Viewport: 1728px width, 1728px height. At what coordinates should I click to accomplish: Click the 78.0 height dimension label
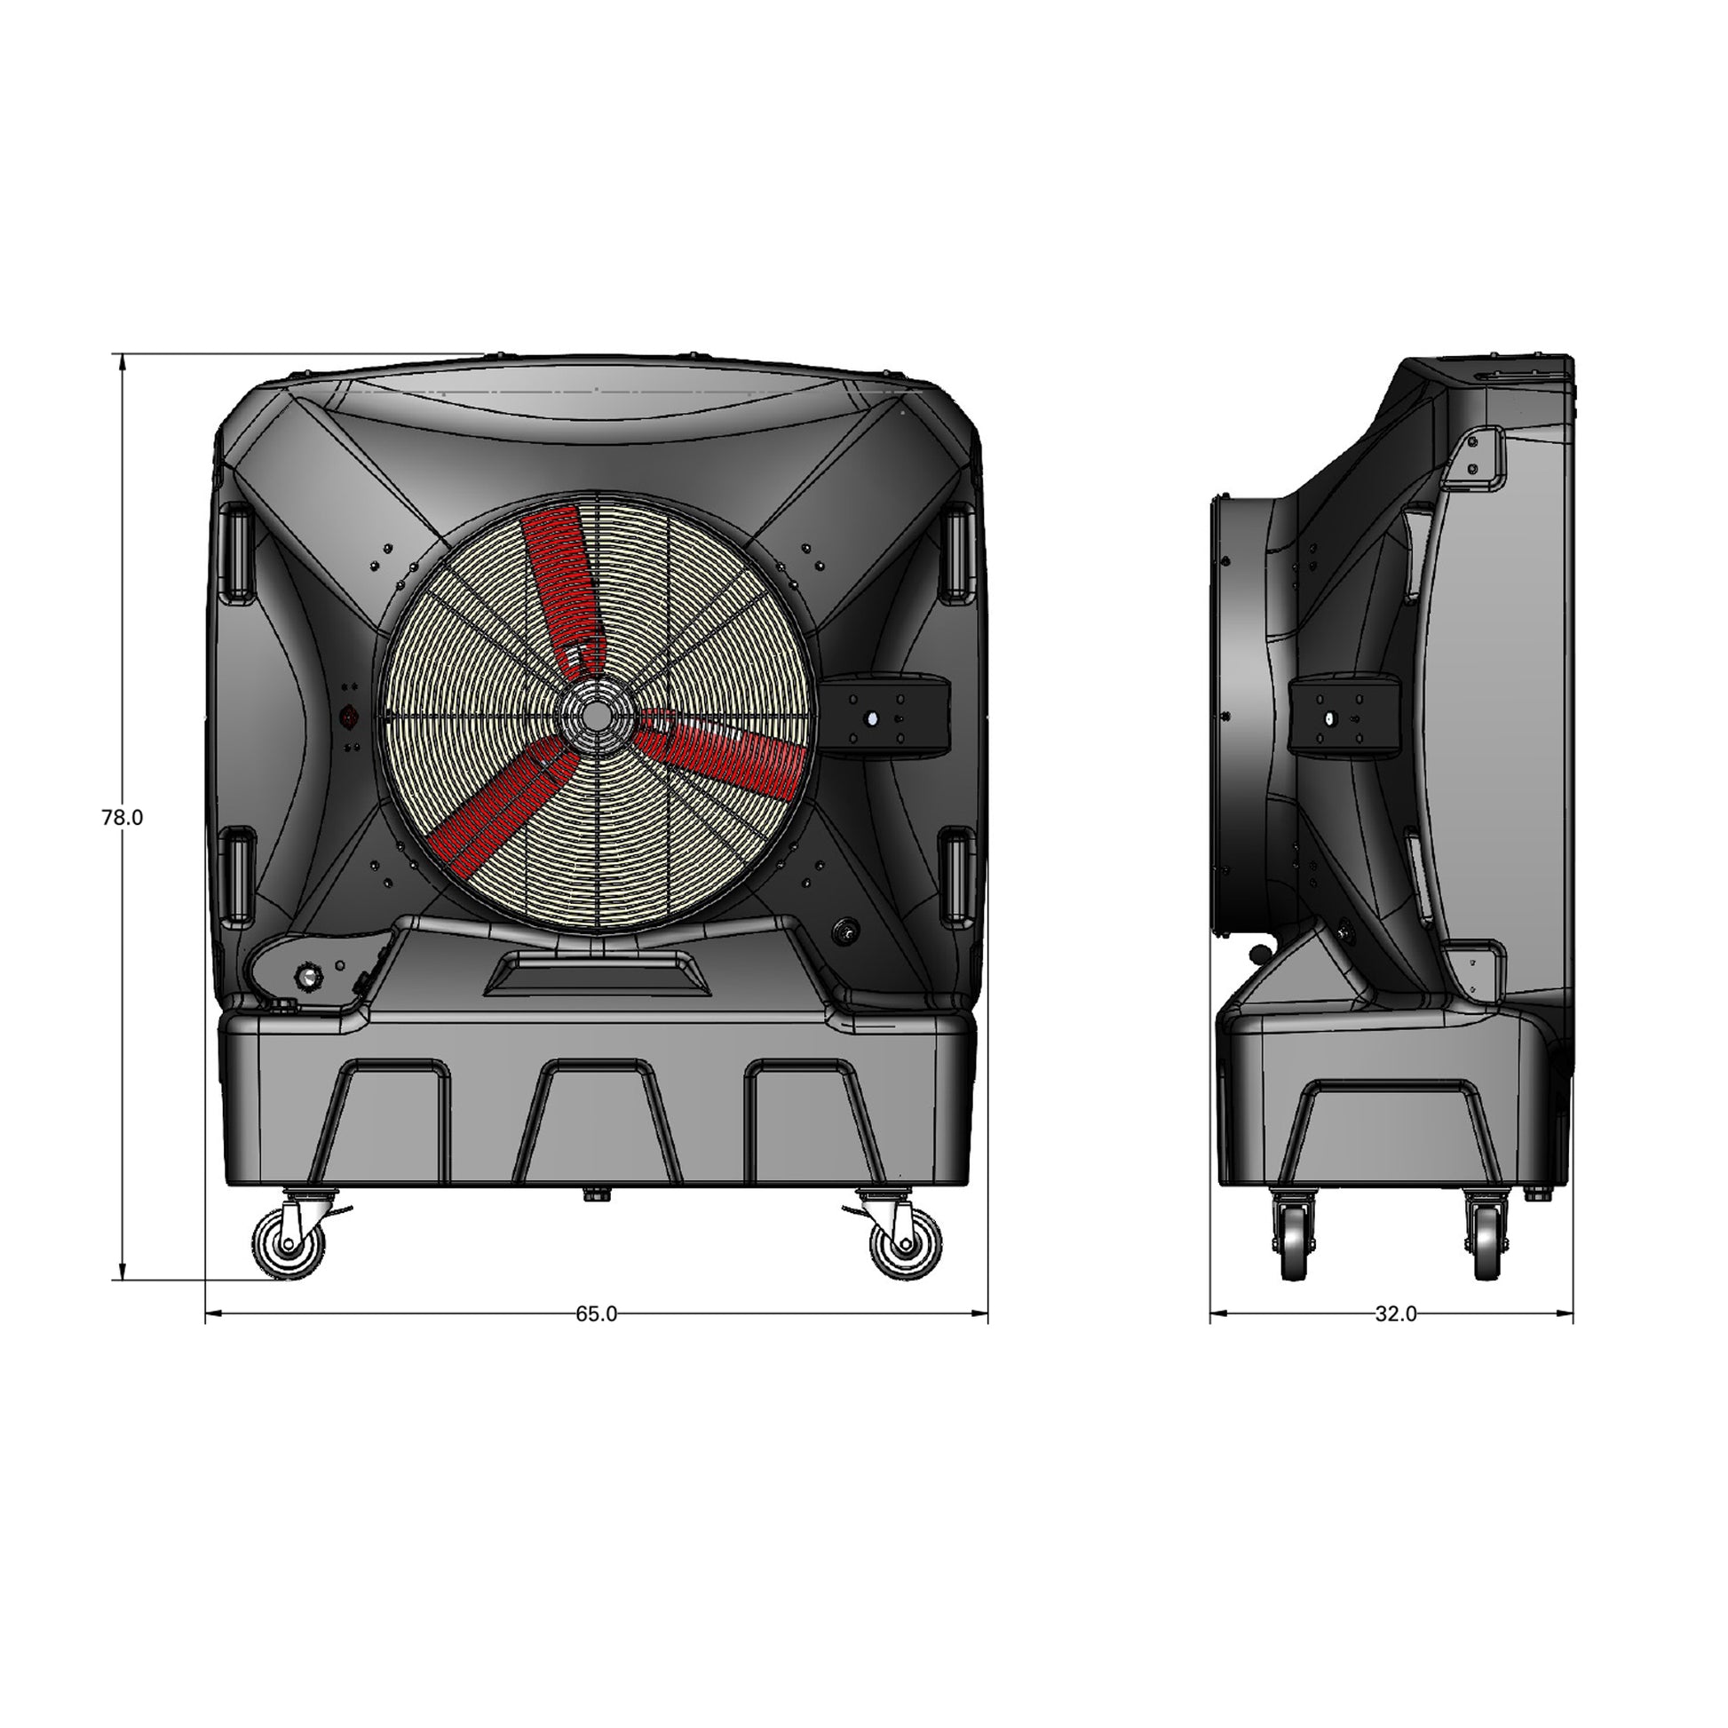click(x=122, y=818)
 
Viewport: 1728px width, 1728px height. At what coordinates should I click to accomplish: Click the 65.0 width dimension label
click(x=596, y=1314)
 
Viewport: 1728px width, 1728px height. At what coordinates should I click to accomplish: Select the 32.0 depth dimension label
click(x=1395, y=1314)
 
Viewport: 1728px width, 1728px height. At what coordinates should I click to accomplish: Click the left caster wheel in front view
click(x=289, y=1243)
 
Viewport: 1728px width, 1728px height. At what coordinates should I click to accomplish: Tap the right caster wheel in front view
click(x=905, y=1243)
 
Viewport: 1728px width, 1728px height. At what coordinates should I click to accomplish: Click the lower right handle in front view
click(x=957, y=875)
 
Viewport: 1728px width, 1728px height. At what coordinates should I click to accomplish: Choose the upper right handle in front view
click(x=957, y=550)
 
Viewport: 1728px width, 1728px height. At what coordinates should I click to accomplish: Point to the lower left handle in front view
click(x=236, y=875)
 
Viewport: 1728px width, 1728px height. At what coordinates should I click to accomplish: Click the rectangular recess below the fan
click(x=597, y=974)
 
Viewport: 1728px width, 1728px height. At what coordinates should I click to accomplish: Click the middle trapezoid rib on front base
click(x=596, y=1122)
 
